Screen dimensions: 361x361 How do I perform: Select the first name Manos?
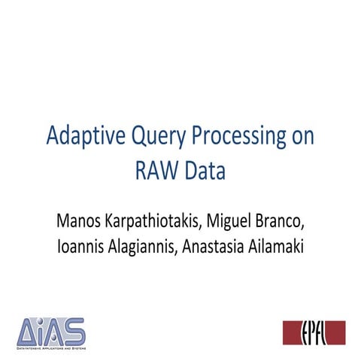(x=79, y=222)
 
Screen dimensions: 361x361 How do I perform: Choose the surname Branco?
(x=290, y=222)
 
